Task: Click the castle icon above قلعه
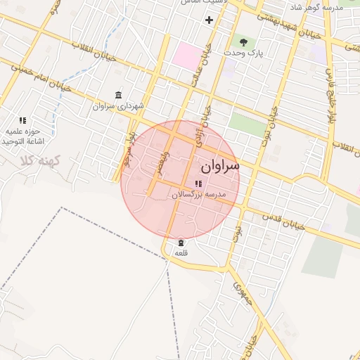pos(181,242)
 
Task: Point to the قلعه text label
pos(181,252)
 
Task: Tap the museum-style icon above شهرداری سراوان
pos(117,95)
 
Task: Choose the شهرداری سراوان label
pos(117,106)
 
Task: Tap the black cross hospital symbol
pos(209,19)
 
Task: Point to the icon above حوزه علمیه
pos(22,120)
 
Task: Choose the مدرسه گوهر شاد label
pos(314,6)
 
